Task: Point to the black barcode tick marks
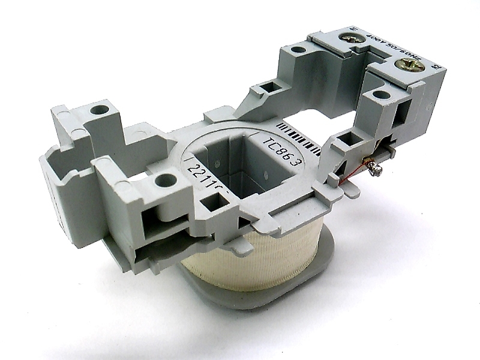(298, 131)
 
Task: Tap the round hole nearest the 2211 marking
(162, 179)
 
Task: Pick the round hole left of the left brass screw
(298, 51)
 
